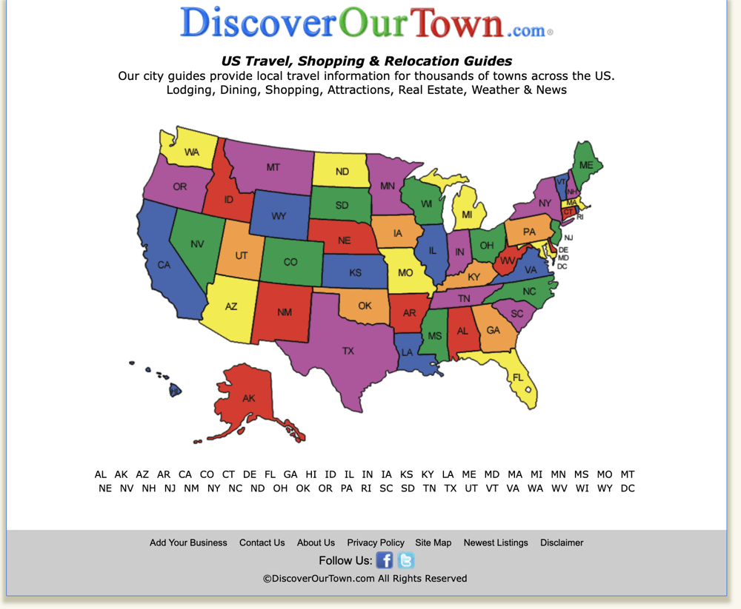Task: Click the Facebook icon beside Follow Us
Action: tap(384, 560)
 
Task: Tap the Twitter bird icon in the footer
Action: tap(405, 560)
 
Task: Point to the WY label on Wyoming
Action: tap(279, 216)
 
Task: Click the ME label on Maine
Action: tap(586, 165)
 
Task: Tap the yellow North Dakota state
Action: tap(342, 171)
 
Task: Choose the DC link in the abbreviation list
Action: tap(628, 488)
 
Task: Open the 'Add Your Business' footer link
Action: tap(188, 542)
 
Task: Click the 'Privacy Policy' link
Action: tap(376, 542)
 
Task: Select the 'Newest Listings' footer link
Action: tap(496, 542)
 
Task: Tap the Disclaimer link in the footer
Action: tap(562, 542)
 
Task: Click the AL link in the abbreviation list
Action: tap(101, 474)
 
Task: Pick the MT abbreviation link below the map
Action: tap(628, 474)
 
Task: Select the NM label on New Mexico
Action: tap(285, 312)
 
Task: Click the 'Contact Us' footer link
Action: tap(262, 542)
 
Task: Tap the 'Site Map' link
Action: tap(433, 542)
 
